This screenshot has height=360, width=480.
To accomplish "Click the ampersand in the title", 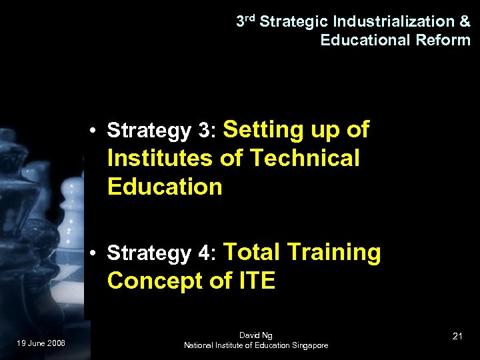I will (465, 21).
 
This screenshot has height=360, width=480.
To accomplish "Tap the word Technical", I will (304, 159).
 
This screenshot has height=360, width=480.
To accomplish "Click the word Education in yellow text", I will (164, 187).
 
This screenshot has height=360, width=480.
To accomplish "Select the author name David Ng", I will (256, 335).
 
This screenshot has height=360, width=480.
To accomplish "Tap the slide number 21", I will (457, 336).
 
